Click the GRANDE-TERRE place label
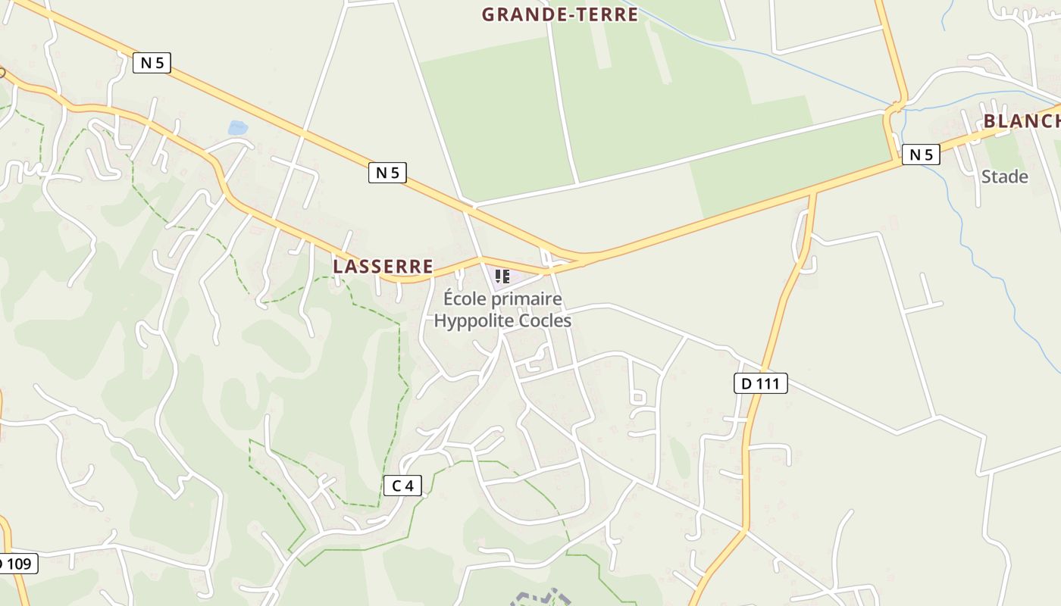(x=559, y=14)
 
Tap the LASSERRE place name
(x=383, y=267)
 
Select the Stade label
(x=1004, y=177)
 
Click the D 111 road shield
(x=761, y=383)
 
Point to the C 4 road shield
(x=402, y=486)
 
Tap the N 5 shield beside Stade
(x=921, y=155)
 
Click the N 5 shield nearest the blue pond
(x=152, y=63)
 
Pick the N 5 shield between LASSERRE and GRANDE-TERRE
(x=387, y=173)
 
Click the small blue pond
(x=237, y=128)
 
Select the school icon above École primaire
(x=502, y=276)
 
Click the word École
(x=464, y=299)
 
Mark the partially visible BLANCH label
(x=1021, y=122)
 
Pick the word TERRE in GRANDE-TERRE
(x=607, y=14)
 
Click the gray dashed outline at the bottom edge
(x=541, y=598)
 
